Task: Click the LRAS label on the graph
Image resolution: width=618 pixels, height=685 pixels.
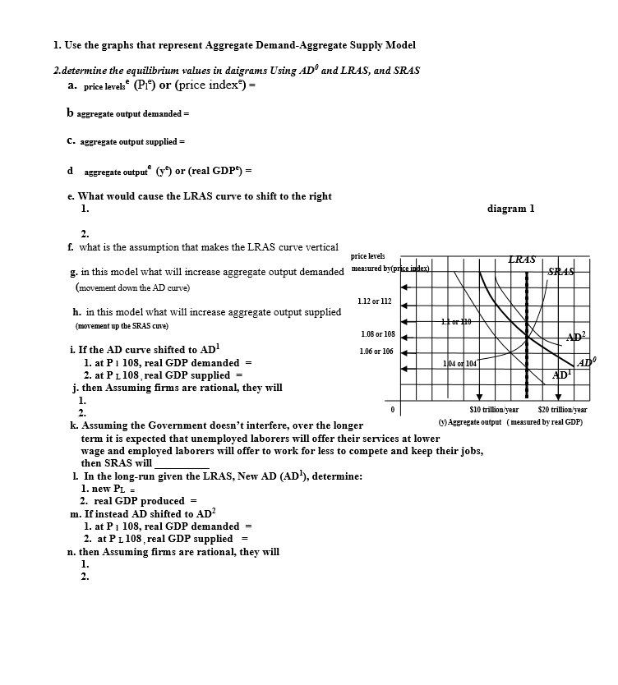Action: point(523,260)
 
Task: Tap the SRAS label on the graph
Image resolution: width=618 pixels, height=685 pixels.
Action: point(563,272)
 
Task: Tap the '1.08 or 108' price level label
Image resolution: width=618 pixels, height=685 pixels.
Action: point(378,335)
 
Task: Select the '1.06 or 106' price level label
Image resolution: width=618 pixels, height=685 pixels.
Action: point(377,352)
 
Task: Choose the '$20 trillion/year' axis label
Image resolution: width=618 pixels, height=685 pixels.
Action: point(562,409)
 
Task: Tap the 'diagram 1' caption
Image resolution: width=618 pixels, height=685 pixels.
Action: point(510,209)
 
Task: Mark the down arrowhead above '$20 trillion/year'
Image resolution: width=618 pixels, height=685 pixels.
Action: point(558,398)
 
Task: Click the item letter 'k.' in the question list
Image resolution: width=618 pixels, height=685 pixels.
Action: point(75,425)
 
